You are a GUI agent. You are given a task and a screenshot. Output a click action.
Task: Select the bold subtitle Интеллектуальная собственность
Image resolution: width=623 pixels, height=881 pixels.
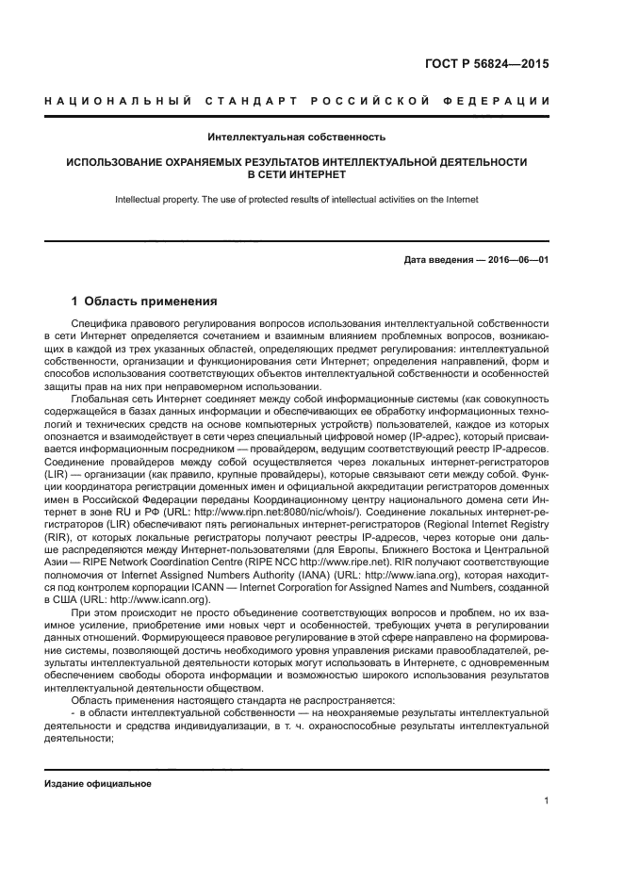pos(297,138)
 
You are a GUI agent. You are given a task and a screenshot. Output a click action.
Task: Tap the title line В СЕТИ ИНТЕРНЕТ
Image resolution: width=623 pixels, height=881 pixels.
pos(297,175)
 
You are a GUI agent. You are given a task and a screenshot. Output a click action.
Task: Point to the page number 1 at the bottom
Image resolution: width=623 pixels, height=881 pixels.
pos(547,802)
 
